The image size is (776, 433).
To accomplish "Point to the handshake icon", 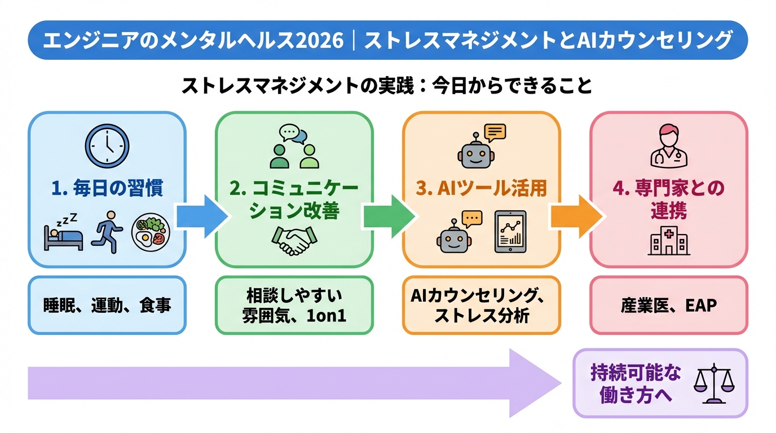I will tap(294, 241).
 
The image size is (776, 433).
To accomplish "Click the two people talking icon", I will tap(294, 147).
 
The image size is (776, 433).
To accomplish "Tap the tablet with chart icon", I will tap(510, 232).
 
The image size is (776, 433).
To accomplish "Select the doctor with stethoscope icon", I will tap(668, 147).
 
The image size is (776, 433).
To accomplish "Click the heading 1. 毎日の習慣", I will tap(107, 188).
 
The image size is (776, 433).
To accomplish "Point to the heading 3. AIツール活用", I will tap(481, 188).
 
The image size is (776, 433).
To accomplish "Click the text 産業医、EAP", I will tap(668, 306).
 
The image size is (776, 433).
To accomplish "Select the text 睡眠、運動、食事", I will tap(107, 306).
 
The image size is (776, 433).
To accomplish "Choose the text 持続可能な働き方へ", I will tap(636, 383).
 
